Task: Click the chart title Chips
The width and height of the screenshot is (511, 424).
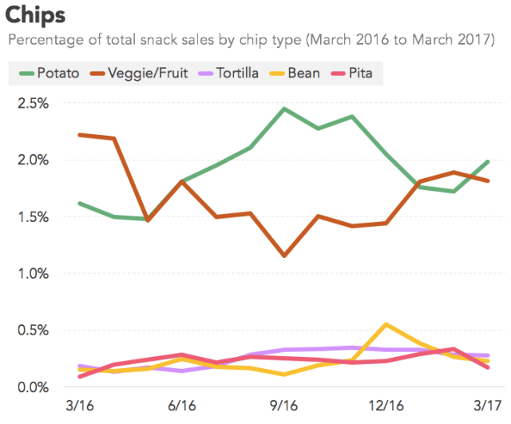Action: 36,15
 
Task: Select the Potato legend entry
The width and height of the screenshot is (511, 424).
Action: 50,73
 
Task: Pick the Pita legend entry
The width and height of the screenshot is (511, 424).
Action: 358,73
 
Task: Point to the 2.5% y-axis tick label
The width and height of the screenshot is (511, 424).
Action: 32,104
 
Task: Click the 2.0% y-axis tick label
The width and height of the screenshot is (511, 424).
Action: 32,160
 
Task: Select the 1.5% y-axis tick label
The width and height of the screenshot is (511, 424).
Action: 32,217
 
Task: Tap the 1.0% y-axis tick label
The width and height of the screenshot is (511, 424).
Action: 32,274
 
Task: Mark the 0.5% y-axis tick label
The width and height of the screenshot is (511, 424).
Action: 32,331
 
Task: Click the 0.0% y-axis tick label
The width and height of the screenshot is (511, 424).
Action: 32,387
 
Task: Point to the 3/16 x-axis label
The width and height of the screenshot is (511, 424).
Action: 80,406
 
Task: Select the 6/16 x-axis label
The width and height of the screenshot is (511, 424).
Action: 183,406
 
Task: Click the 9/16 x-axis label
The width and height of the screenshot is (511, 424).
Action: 285,406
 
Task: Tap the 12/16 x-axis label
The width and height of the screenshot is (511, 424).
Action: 386,406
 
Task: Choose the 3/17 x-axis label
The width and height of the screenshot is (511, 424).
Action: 489,406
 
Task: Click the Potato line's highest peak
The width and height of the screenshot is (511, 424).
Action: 285,109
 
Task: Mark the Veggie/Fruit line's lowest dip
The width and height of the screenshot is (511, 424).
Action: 285,256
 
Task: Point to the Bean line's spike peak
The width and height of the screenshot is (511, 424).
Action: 386,324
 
